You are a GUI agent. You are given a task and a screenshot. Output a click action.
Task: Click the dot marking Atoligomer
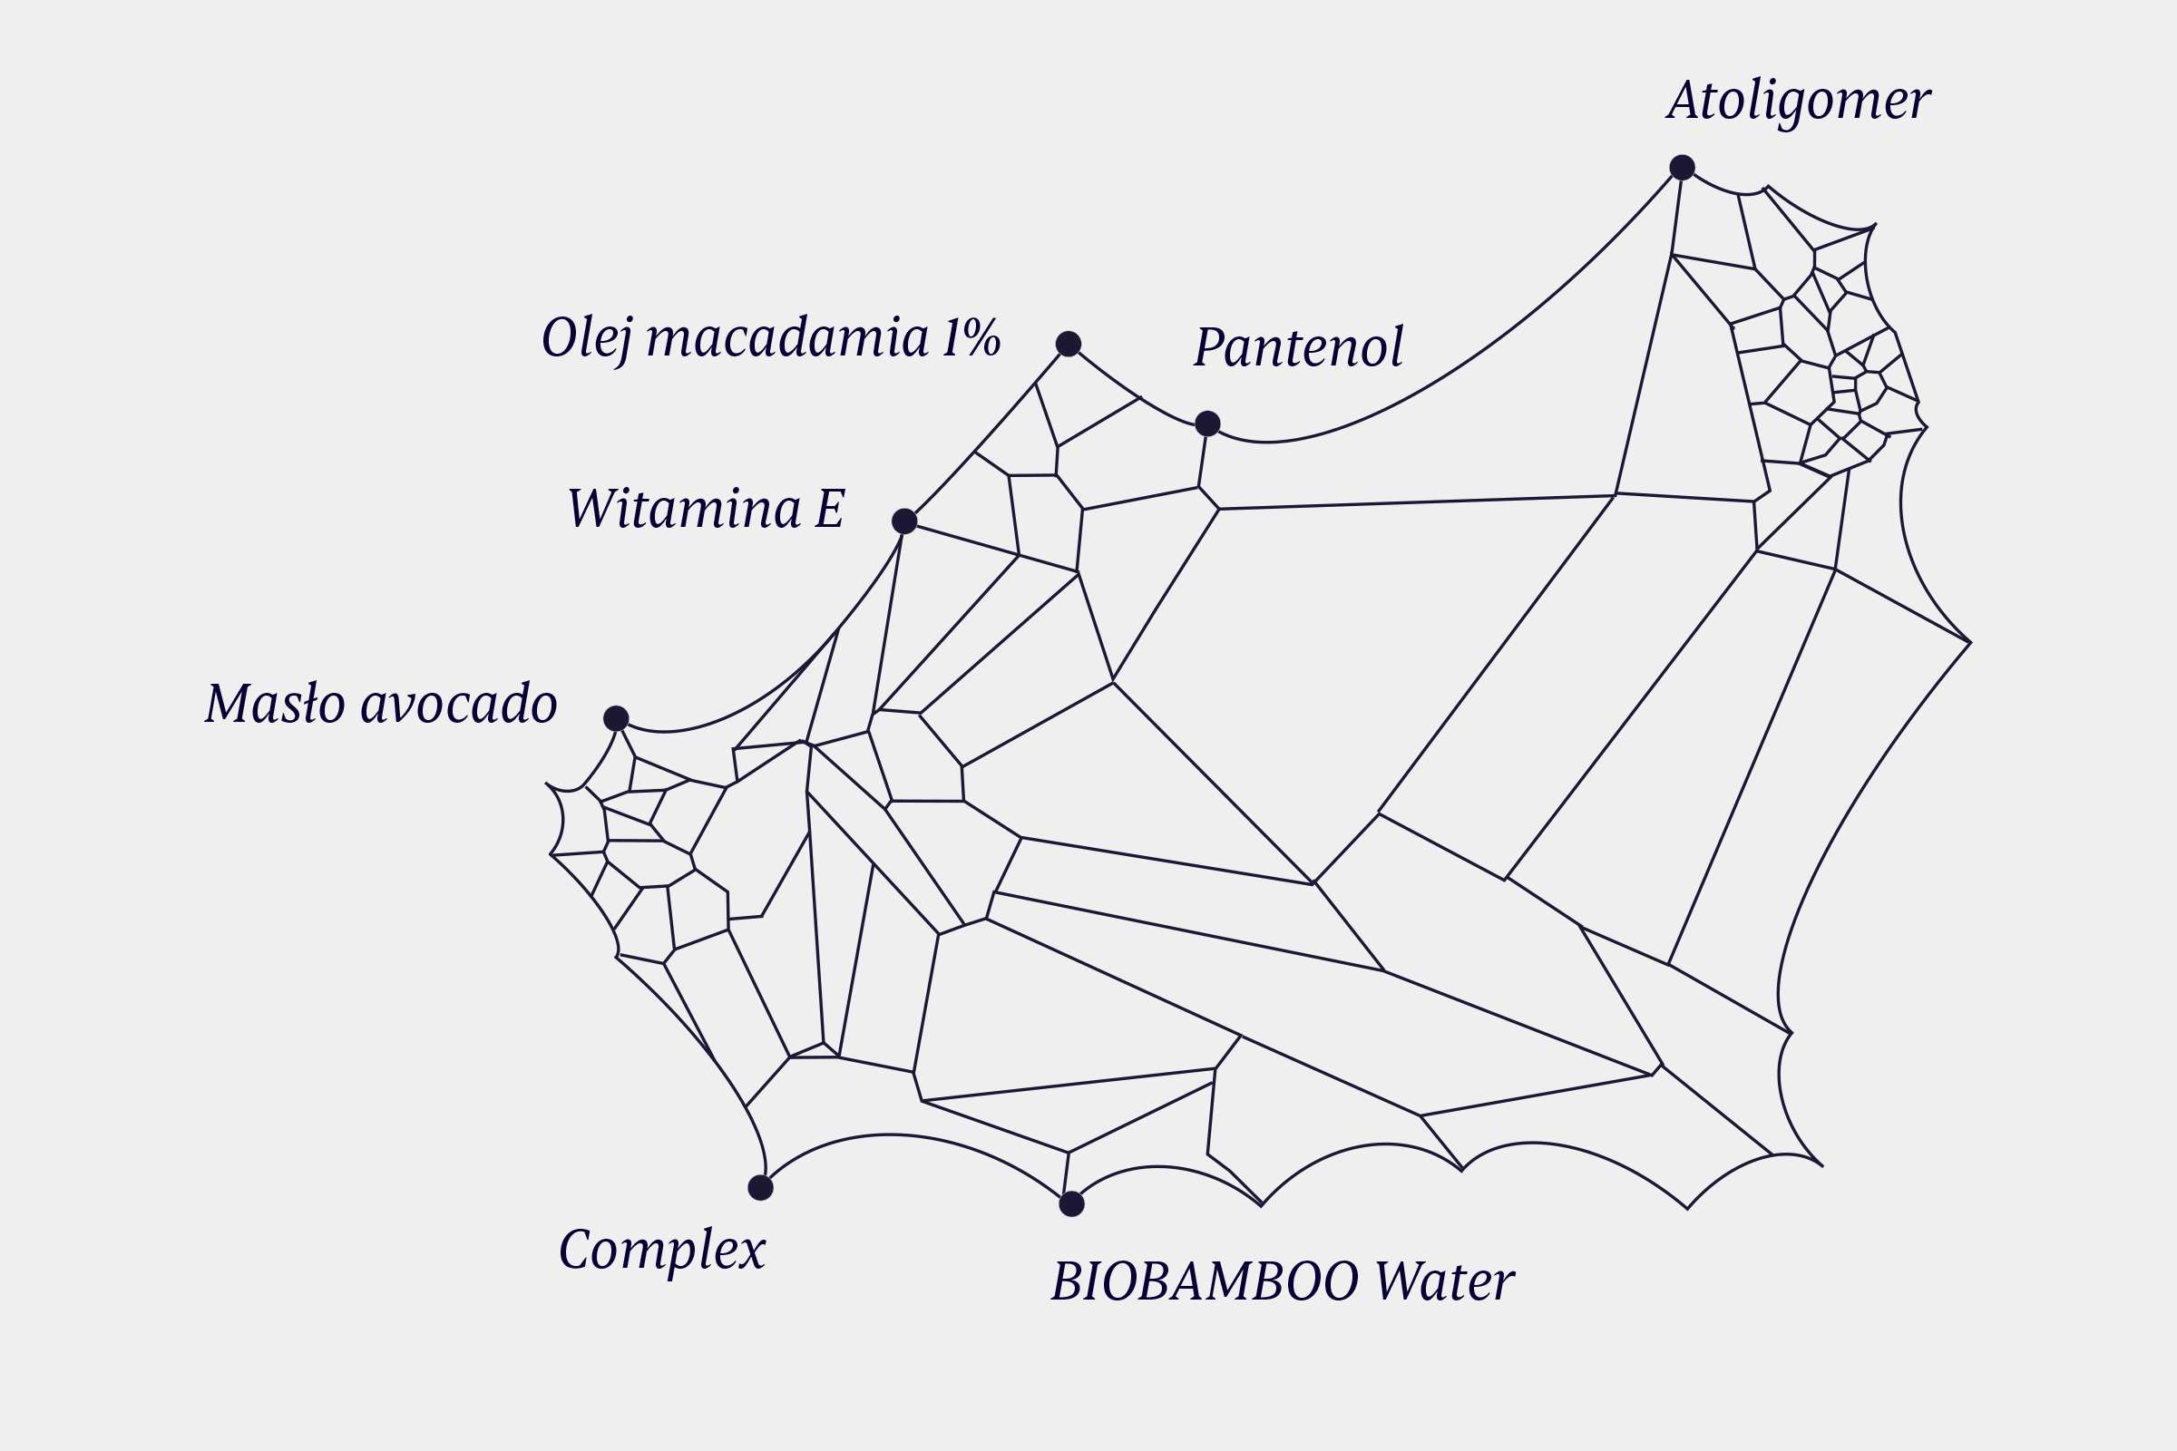(1682, 168)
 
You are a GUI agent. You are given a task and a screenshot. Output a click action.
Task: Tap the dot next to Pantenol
(1207, 424)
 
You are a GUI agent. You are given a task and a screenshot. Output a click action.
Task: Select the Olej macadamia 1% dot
(1069, 345)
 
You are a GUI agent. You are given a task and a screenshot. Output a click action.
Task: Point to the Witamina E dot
(904, 521)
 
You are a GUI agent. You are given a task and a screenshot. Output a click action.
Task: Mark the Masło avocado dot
(617, 718)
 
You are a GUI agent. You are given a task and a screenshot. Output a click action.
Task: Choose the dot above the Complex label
(760, 1187)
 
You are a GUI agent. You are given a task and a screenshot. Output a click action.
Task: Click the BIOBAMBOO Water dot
(1071, 1204)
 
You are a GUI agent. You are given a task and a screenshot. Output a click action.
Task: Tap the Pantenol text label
(1299, 348)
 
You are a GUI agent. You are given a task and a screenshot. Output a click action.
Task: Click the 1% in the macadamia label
(971, 337)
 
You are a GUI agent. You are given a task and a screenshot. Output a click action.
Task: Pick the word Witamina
(684, 509)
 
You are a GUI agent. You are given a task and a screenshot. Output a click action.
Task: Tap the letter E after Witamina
(829, 509)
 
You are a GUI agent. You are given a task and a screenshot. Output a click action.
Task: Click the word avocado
(458, 705)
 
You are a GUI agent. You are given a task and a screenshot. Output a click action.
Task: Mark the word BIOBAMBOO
(1206, 1282)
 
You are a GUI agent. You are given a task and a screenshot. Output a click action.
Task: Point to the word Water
(1444, 1282)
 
